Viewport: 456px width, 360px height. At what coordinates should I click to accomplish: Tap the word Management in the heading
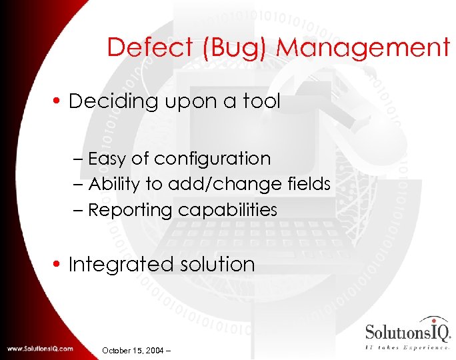click(x=363, y=48)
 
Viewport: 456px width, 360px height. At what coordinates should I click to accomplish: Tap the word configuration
click(x=212, y=159)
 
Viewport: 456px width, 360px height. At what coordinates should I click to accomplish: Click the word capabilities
click(x=227, y=210)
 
